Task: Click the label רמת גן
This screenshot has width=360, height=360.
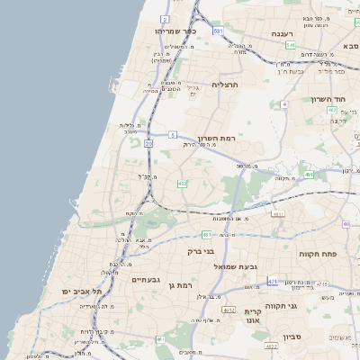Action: (x=182, y=286)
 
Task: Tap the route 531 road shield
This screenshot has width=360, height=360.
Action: (x=219, y=31)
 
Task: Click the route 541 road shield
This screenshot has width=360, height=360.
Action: (x=291, y=44)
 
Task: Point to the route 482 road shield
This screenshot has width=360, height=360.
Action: (x=183, y=184)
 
